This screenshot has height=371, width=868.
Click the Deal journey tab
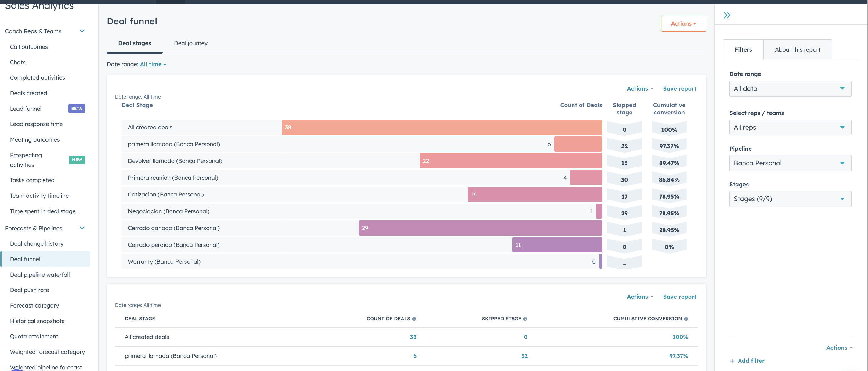190,43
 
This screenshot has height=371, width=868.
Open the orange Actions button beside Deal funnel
683,23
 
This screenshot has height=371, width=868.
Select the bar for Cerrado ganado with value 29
480,228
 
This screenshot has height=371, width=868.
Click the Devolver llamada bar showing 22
510,161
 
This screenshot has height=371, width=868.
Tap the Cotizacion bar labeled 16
534,194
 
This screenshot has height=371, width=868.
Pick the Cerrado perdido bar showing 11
557,245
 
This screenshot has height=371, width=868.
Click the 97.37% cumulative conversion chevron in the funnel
669,146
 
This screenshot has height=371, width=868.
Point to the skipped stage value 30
624,180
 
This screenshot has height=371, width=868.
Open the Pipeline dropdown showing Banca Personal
790,164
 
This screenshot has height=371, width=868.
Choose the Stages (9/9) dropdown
790,199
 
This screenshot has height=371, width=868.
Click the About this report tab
797,49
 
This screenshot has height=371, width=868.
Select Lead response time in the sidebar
36,124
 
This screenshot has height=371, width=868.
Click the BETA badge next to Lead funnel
77,109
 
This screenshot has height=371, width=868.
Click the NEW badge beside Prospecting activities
77,160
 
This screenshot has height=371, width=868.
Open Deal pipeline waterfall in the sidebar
40,275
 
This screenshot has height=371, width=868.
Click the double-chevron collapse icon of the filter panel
727,15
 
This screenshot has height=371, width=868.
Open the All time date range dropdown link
153,64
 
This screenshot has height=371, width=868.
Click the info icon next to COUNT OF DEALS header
414,319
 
